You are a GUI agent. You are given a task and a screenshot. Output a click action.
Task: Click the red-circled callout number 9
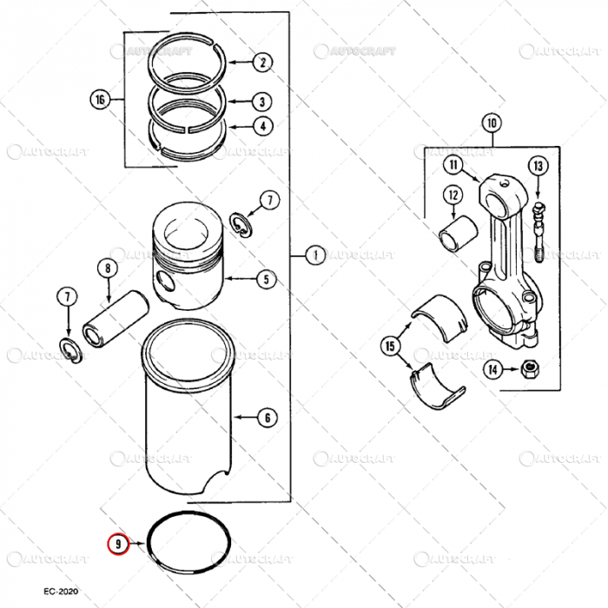tap(116, 545)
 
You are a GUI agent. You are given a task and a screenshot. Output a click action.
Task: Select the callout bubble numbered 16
tap(100, 100)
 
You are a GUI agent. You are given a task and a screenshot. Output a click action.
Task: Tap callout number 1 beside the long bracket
tap(314, 255)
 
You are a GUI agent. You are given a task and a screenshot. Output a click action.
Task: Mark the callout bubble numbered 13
tap(538, 165)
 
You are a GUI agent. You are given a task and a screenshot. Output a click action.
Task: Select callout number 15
tap(390, 347)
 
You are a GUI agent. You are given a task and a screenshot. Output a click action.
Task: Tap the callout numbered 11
tap(453, 164)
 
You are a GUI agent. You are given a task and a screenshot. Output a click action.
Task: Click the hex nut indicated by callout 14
tap(526, 371)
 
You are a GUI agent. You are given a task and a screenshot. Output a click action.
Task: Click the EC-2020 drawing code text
tap(61, 591)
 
